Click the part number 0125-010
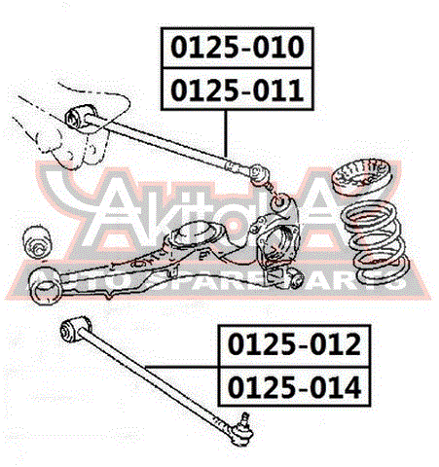coord(238,48)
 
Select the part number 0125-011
coord(238,90)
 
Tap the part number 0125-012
coord(294,344)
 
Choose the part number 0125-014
coord(294,387)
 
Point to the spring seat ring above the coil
coord(362,176)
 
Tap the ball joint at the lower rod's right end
coord(240,429)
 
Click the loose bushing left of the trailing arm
coord(36,242)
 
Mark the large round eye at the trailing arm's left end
coord(45,286)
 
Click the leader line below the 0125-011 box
coord(226,133)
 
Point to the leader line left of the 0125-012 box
coord(182,367)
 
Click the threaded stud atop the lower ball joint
coord(245,417)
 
